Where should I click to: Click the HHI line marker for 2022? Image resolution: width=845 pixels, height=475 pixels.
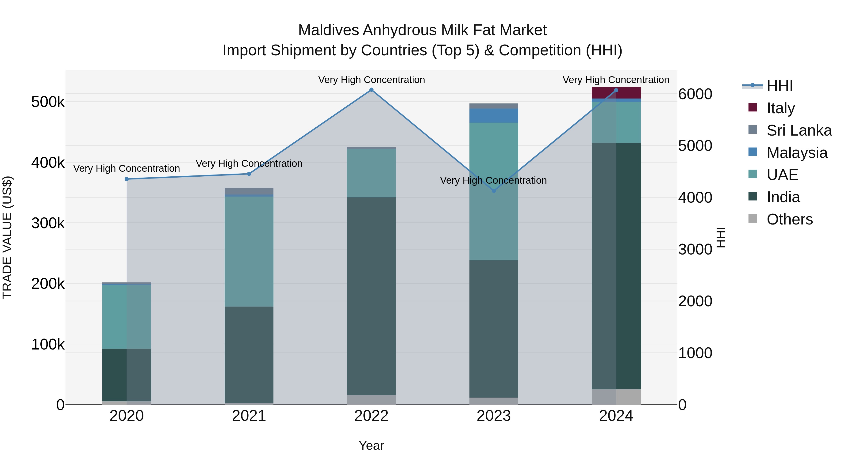pyautogui.click(x=371, y=90)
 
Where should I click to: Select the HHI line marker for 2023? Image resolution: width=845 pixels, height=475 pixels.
pyautogui.click(x=494, y=191)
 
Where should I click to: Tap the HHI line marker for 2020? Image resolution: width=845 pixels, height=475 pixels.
pyautogui.click(x=127, y=179)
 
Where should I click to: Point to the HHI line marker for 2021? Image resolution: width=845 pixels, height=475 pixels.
pyautogui.click(x=249, y=174)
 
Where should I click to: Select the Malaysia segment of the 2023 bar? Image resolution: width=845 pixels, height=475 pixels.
pyautogui.click(x=494, y=116)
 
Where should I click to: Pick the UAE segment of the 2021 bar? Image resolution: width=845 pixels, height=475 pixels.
pyautogui.click(x=249, y=251)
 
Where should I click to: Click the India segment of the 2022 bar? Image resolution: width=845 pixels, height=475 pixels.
pyautogui.click(x=371, y=296)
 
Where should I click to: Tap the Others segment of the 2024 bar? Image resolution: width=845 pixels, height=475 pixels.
pyautogui.click(x=616, y=397)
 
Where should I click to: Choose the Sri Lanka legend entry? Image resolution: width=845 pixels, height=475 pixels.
pyautogui.click(x=799, y=130)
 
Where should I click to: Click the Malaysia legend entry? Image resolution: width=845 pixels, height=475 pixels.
pyautogui.click(x=797, y=153)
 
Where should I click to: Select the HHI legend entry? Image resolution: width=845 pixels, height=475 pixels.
pyautogui.click(x=779, y=86)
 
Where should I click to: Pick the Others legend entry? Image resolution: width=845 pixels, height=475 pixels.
pyautogui.click(x=790, y=219)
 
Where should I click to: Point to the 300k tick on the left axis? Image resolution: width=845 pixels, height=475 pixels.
pyautogui.click(x=48, y=223)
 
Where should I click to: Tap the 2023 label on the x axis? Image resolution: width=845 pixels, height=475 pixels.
pyautogui.click(x=494, y=416)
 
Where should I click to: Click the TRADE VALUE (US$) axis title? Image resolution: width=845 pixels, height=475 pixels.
pyautogui.click(x=7, y=237)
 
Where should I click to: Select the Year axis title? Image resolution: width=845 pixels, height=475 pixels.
pyautogui.click(x=371, y=445)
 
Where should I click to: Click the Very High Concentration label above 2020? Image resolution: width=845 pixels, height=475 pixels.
pyautogui.click(x=127, y=168)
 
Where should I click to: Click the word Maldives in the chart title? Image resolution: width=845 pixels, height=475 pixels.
pyautogui.click(x=328, y=30)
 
